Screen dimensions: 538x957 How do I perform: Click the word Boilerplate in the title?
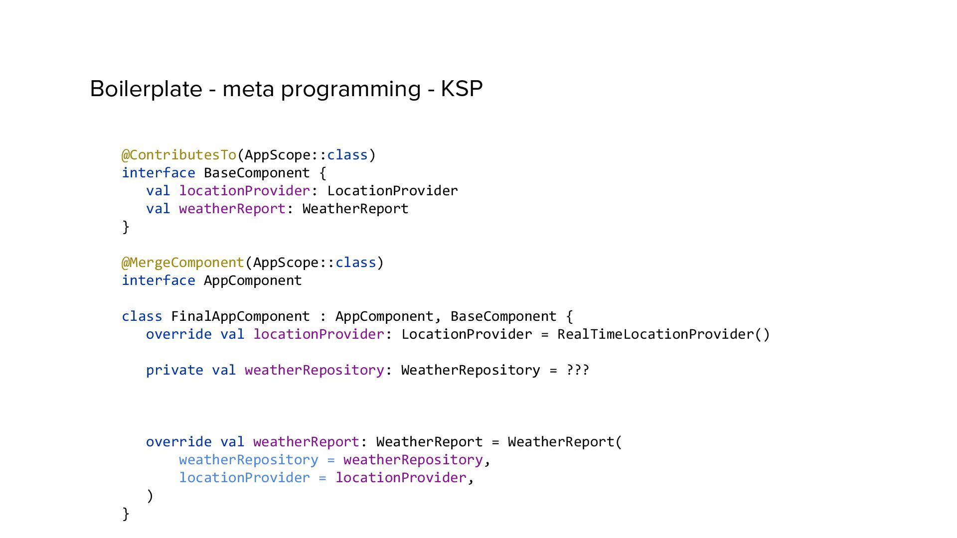[146, 89]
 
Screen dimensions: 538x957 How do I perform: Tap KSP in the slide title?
[462, 89]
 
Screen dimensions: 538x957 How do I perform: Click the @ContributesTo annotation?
[179, 155]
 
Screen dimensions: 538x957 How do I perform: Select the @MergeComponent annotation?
[183, 263]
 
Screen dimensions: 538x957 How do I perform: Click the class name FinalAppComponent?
[240, 316]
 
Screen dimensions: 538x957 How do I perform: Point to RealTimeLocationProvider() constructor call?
[663, 334]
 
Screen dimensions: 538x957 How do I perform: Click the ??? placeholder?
[578, 370]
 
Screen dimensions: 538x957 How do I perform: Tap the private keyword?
[174, 370]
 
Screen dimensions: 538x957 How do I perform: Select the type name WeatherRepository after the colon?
[470, 370]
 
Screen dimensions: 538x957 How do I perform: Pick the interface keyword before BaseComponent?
[159, 173]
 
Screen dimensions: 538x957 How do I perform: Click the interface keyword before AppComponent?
[159, 280]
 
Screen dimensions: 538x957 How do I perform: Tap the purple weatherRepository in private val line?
[314, 370]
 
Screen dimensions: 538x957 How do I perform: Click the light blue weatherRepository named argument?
[248, 460]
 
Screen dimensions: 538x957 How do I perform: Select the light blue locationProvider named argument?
[244, 478]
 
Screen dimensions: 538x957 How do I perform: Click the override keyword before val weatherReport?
[178, 442]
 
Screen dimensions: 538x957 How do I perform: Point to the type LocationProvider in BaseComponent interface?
[392, 191]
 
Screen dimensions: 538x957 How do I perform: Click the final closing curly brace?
[126, 514]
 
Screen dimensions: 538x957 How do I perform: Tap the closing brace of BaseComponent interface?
[126, 227]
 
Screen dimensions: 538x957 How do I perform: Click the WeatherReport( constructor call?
[565, 442]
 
